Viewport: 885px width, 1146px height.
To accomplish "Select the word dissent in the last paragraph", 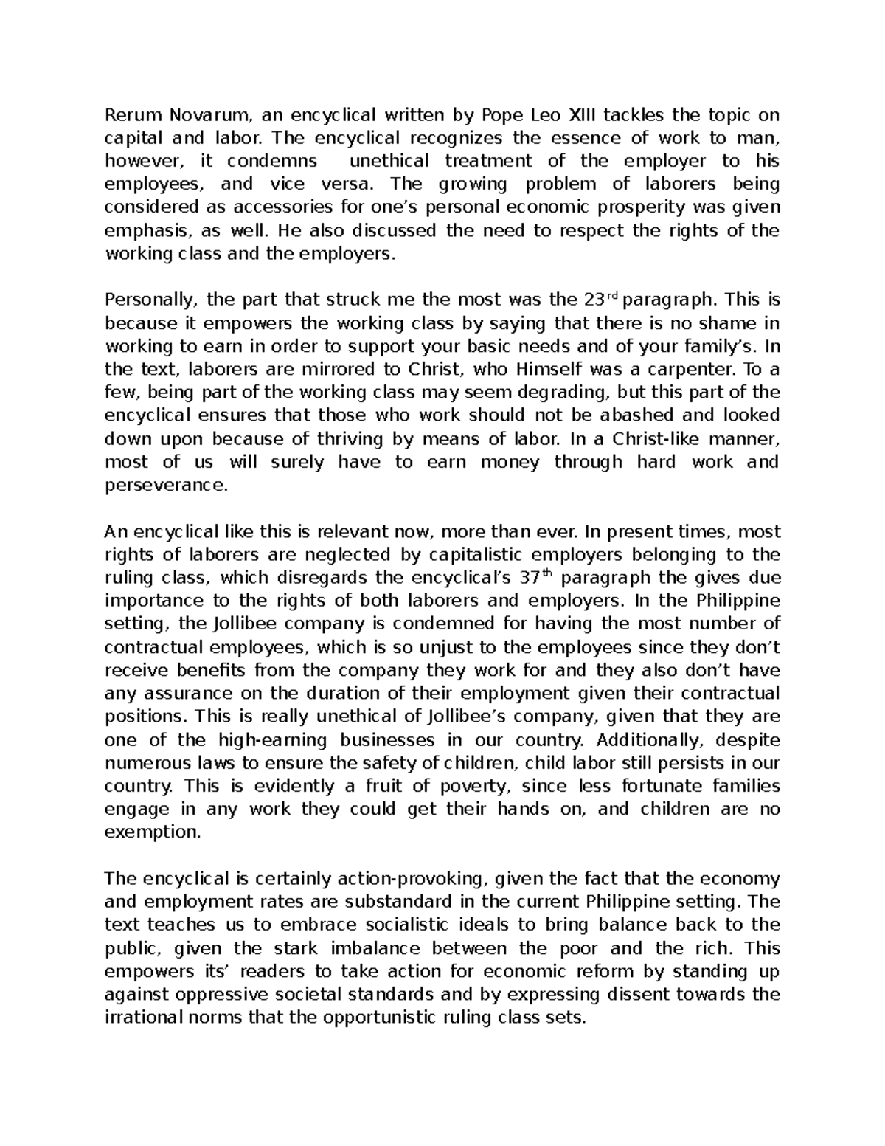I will pyautogui.click(x=643, y=995).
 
